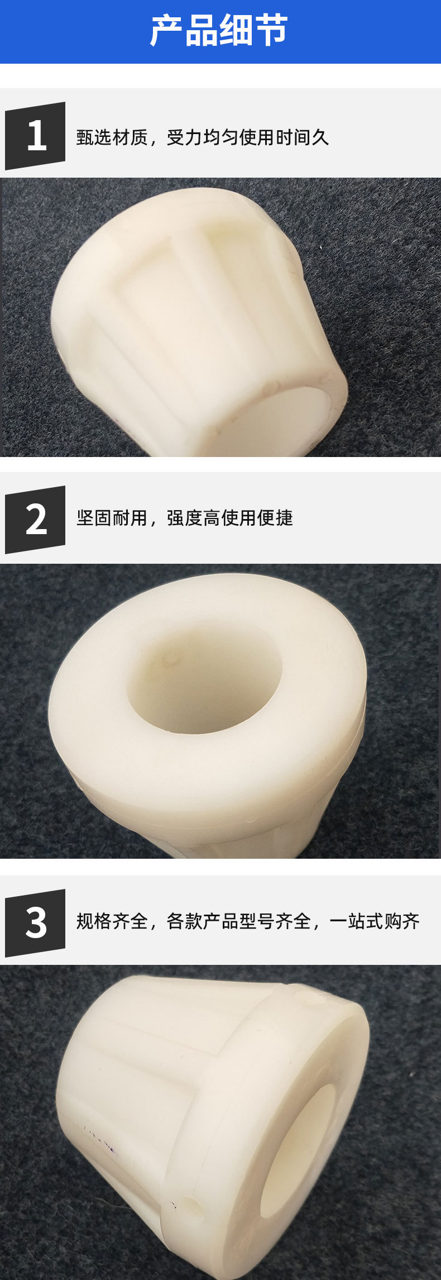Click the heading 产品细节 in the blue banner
tap(219, 31)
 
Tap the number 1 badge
tap(36, 136)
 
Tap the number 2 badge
tap(36, 520)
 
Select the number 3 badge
tap(36, 923)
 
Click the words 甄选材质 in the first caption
tap(112, 137)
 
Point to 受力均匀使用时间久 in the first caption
tap(248, 137)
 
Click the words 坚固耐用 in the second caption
tap(112, 518)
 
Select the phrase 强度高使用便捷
tap(230, 518)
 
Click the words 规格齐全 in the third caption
tap(112, 921)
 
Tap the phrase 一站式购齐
tap(375, 921)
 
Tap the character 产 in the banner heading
tap(166, 31)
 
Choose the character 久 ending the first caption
tap(320, 137)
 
